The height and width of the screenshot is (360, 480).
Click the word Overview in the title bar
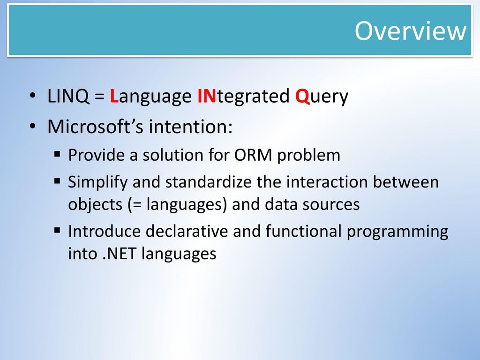pyautogui.click(x=411, y=30)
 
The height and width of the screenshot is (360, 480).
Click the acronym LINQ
pyautogui.click(x=68, y=96)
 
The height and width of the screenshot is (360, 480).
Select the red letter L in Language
pyautogui.click(x=114, y=96)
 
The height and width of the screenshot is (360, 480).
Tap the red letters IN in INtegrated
pyautogui.click(x=207, y=96)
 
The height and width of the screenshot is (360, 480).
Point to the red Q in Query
pyautogui.click(x=302, y=96)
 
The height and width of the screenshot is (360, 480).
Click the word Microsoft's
pyautogui.click(x=95, y=126)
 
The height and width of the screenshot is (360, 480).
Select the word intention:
pyautogui.click(x=190, y=126)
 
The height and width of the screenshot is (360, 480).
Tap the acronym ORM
pyautogui.click(x=253, y=155)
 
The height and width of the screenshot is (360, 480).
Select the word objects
pyautogui.click(x=95, y=205)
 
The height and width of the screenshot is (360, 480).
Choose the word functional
pyautogui.click(x=303, y=231)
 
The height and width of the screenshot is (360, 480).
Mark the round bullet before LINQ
pyautogui.click(x=33, y=96)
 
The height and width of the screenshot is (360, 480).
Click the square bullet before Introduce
pyautogui.click(x=57, y=230)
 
